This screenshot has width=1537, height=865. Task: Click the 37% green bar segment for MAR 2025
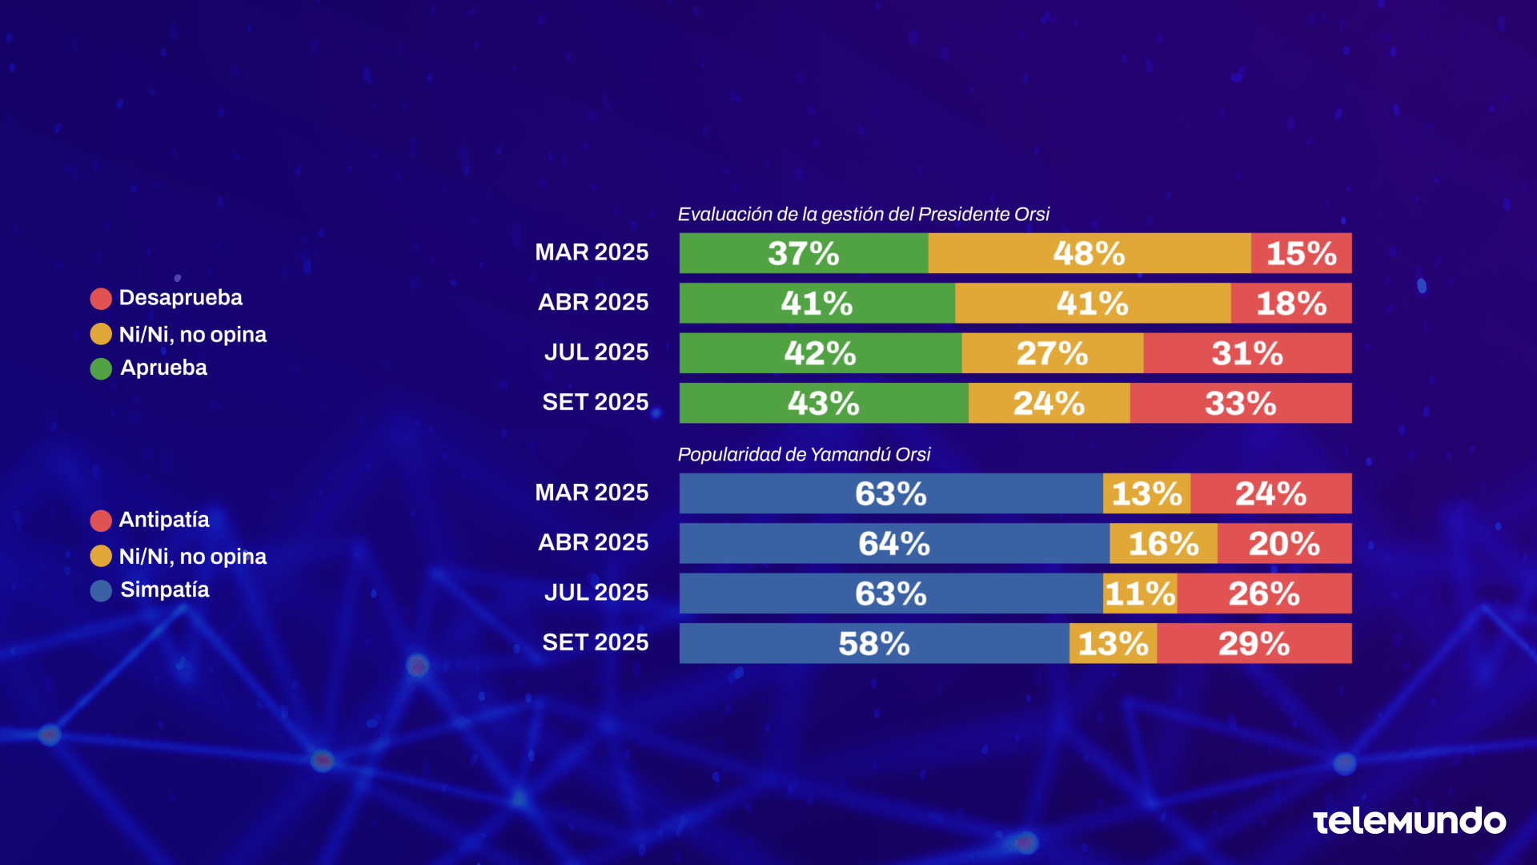click(x=803, y=253)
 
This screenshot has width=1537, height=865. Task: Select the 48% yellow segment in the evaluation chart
click(x=1089, y=253)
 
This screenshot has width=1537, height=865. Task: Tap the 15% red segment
click(x=1301, y=253)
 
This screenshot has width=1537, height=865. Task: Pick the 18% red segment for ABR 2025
click(x=1290, y=303)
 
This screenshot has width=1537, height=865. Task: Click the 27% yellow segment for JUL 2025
click(x=1052, y=353)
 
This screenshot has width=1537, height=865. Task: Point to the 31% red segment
click(x=1247, y=353)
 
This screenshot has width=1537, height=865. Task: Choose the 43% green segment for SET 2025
click(x=823, y=403)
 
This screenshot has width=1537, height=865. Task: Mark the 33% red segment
click(x=1240, y=403)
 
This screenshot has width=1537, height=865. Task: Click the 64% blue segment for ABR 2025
click(x=893, y=544)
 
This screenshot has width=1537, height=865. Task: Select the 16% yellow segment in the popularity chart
click(x=1163, y=544)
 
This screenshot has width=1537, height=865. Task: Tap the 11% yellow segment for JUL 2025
click(x=1140, y=593)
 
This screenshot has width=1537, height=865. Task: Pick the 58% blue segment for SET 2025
click(x=873, y=643)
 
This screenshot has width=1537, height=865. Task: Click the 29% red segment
click(x=1254, y=643)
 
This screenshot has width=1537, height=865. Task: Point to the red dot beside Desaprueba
click(x=101, y=299)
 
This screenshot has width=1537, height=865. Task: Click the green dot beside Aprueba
click(x=101, y=368)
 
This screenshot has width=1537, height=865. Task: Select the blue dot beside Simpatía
click(x=101, y=591)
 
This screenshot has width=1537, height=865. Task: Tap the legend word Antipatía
click(x=164, y=520)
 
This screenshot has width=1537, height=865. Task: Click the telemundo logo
click(x=1409, y=822)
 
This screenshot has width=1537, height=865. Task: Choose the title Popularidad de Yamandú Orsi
click(x=804, y=455)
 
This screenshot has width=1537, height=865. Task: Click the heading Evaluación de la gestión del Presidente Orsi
click(x=863, y=215)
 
